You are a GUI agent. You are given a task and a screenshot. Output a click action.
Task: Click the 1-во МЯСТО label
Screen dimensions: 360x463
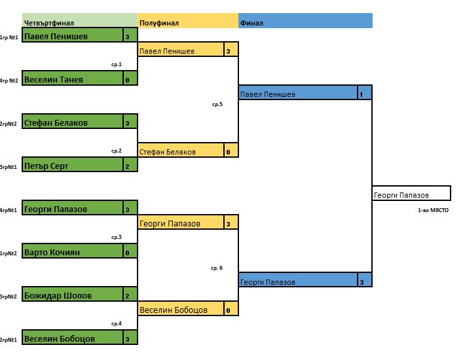tap(433, 210)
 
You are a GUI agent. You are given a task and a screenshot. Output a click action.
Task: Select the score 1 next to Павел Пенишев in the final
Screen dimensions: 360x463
tap(361, 94)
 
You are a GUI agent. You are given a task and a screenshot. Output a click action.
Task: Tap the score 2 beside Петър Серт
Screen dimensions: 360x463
tap(127, 166)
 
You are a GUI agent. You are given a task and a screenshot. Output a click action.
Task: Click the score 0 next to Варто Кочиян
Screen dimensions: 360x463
tap(127, 252)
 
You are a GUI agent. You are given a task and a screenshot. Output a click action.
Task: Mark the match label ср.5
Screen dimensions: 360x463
tap(217, 104)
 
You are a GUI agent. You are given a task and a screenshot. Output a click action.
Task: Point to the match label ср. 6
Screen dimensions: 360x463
tap(217, 268)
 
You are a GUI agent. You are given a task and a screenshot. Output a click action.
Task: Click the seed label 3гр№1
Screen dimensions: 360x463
tap(9, 166)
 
